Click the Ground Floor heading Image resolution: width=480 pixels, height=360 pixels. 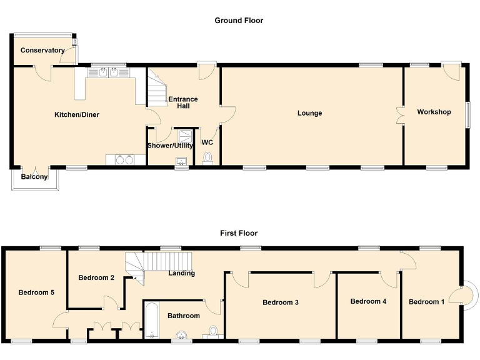pyautogui.click(x=239, y=21)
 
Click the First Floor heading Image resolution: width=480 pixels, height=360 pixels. pyautogui.click(x=239, y=233)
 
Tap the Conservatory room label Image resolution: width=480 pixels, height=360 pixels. pyautogui.click(x=42, y=50)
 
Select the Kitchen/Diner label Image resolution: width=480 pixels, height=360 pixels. pyautogui.click(x=77, y=114)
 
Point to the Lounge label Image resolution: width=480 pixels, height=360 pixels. pyautogui.click(x=309, y=113)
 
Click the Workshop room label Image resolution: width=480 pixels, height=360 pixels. pyautogui.click(x=434, y=112)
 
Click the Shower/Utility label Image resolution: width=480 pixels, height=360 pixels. pyautogui.click(x=170, y=146)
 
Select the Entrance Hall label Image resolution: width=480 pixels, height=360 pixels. pyautogui.click(x=183, y=102)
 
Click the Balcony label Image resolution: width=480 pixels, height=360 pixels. pyautogui.click(x=34, y=177)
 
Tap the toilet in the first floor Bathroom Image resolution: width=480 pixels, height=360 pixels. pyautogui.click(x=213, y=331)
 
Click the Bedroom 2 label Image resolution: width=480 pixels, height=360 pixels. pyautogui.click(x=96, y=277)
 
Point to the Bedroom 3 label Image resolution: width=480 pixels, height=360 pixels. pyautogui.click(x=281, y=302)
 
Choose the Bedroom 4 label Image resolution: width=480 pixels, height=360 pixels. pyautogui.click(x=368, y=301)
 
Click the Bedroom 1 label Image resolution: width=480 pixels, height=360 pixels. pyautogui.click(x=427, y=302)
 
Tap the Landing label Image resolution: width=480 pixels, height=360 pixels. pyautogui.click(x=182, y=273)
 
